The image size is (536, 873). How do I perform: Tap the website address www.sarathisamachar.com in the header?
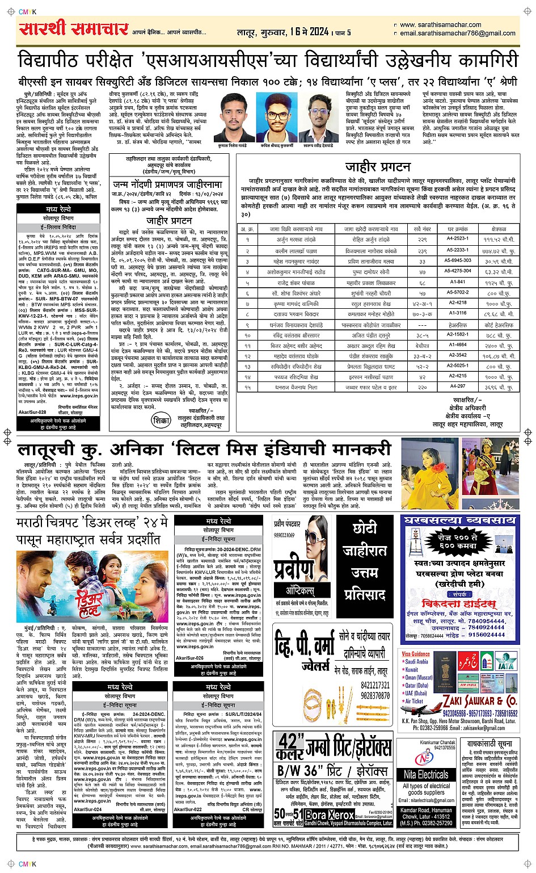tap(440, 25)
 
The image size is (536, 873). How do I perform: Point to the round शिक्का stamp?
tap(161, 421)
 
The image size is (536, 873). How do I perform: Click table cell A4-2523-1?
tap(457, 239)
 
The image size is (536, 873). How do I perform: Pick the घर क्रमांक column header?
tap(457, 229)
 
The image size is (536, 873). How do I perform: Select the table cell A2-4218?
tap(457, 303)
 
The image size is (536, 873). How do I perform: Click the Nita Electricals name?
tap(426, 774)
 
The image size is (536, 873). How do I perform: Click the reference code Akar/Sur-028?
tap(32, 413)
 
